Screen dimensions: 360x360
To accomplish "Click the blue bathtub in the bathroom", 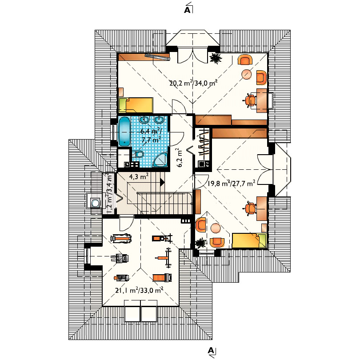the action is [124, 131].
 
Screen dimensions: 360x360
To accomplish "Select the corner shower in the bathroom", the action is [160, 160].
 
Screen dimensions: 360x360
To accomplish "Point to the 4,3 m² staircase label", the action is [138, 176].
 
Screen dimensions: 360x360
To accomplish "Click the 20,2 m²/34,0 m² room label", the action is [193, 83].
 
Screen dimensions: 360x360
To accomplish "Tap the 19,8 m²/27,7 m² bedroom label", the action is [231, 183].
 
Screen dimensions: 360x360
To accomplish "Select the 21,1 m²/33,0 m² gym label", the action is [139, 290].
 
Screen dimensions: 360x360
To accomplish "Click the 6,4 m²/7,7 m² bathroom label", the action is [151, 136].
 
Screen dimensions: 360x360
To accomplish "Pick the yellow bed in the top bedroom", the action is [136, 105].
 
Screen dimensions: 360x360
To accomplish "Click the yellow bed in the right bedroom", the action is [249, 240].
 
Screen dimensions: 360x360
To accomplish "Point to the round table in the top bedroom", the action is [247, 74].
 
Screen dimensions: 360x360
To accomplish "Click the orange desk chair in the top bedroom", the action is [250, 100].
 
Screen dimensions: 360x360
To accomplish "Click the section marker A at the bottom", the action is [211, 350].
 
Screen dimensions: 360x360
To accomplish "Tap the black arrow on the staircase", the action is [162, 182].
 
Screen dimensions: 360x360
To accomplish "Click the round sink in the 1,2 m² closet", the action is [95, 203].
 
